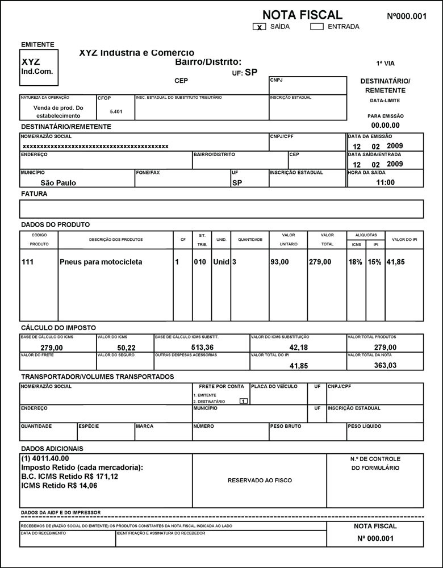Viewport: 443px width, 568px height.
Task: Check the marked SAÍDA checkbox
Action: [260, 27]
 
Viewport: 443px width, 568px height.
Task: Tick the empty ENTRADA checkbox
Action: [317, 26]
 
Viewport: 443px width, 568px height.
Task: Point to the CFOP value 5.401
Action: [116, 111]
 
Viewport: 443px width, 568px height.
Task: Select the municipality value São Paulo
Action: [58, 183]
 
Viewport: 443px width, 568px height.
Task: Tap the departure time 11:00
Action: [385, 182]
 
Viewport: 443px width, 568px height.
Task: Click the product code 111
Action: [28, 262]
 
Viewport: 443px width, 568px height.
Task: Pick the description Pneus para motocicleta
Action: [101, 262]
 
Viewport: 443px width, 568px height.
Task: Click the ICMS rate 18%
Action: [356, 262]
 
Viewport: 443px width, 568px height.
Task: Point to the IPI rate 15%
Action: [374, 262]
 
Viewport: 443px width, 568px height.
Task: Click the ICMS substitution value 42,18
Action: [298, 348]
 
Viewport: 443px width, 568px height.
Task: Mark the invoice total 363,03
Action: [385, 366]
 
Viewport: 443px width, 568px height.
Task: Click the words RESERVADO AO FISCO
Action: [260, 481]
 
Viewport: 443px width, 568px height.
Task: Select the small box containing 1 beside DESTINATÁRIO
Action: [243, 402]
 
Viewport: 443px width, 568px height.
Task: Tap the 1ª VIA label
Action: [385, 64]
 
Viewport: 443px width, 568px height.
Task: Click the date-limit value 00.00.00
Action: [385, 125]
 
